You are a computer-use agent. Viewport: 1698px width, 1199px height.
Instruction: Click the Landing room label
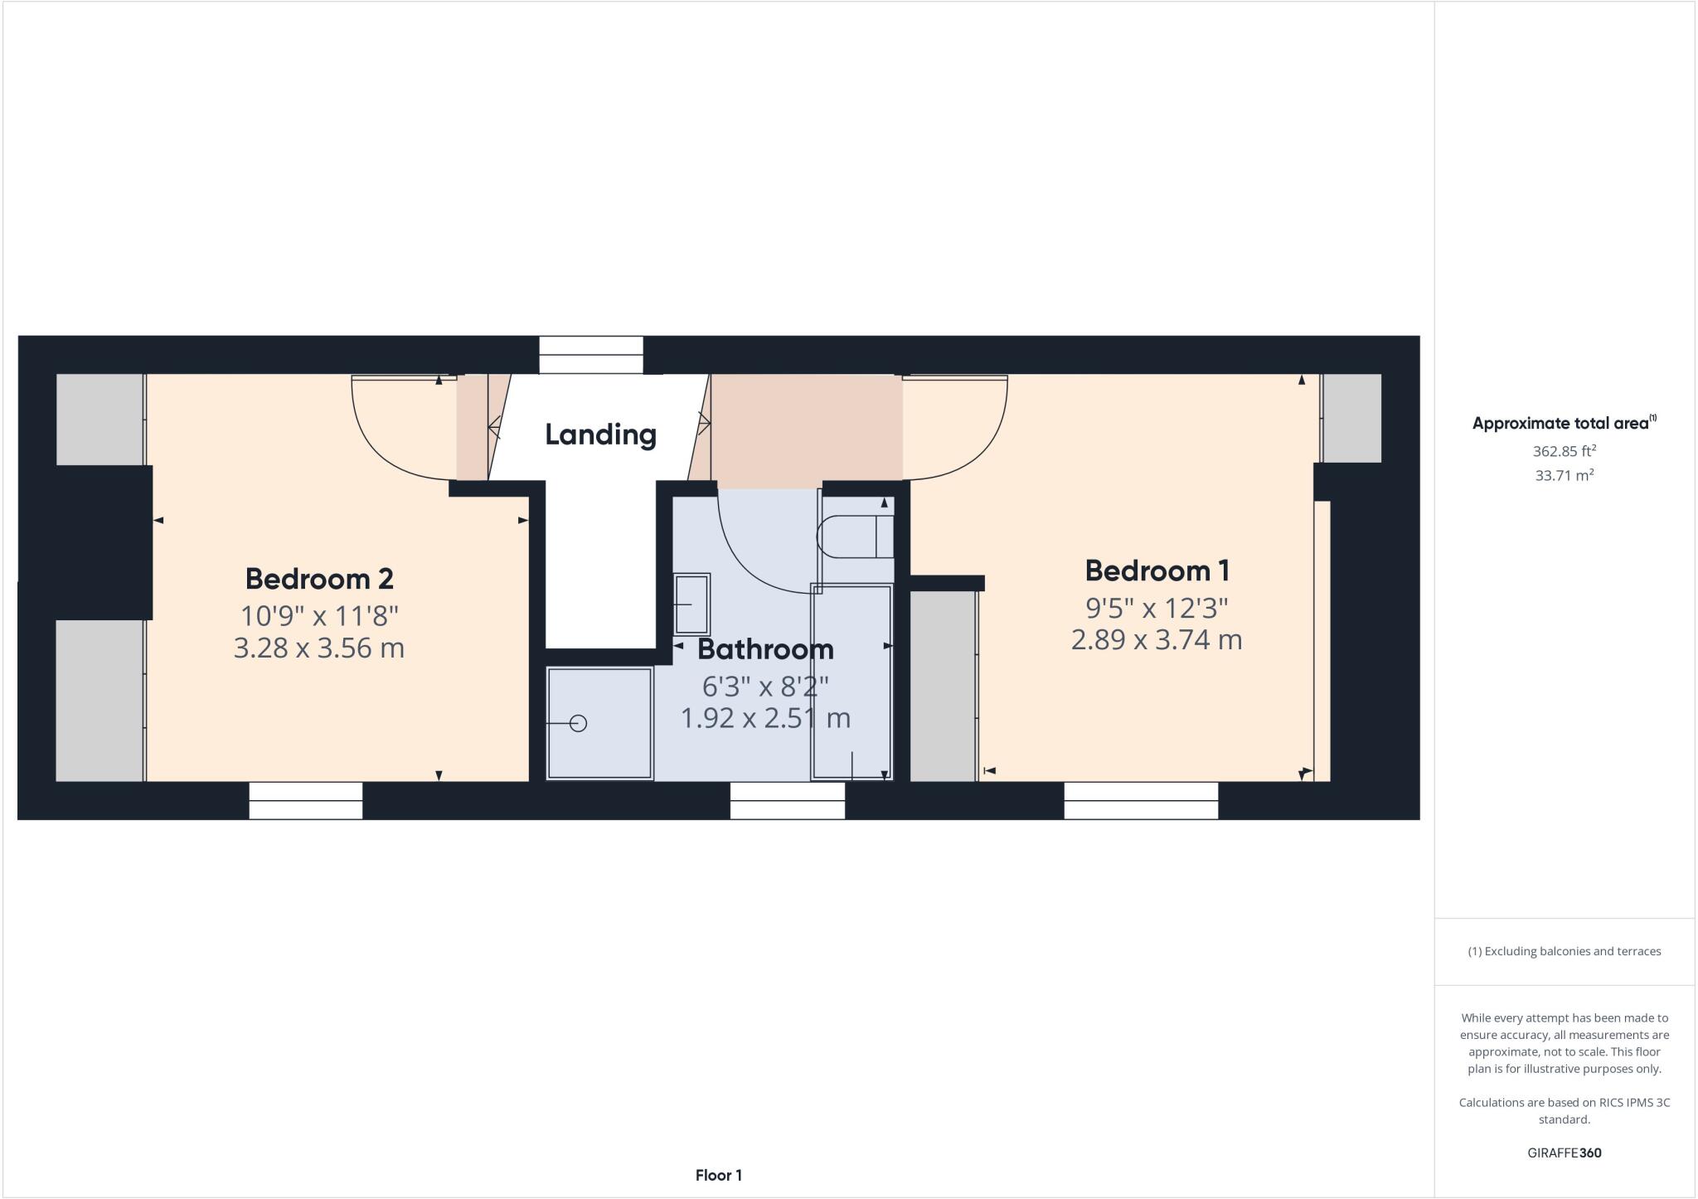click(x=600, y=434)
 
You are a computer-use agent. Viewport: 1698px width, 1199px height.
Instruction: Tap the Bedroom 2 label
click(x=319, y=578)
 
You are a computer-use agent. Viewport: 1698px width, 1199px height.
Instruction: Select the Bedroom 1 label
click(x=1157, y=570)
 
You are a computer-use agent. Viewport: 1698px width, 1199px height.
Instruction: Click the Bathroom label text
click(x=765, y=648)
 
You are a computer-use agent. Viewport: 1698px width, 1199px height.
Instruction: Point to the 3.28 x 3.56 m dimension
click(x=319, y=648)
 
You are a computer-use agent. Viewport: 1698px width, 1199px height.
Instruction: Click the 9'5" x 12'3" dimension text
click(x=1157, y=608)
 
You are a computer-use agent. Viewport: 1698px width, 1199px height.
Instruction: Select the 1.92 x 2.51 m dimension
click(x=765, y=717)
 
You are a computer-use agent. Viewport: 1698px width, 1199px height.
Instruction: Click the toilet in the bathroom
click(x=854, y=536)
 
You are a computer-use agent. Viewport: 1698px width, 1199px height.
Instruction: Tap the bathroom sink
click(x=691, y=604)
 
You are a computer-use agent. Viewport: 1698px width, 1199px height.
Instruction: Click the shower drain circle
click(x=579, y=723)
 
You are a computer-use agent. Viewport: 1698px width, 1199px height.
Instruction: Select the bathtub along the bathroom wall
click(x=851, y=682)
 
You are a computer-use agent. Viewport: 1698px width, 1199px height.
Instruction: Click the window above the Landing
click(x=591, y=355)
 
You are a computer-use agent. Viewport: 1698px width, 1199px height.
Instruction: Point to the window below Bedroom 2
click(x=306, y=800)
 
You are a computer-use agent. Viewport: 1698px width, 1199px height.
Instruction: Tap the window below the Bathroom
click(x=787, y=800)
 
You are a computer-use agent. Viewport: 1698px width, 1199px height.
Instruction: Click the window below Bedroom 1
click(x=1141, y=800)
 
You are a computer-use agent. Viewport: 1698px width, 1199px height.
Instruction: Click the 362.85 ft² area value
click(x=1564, y=451)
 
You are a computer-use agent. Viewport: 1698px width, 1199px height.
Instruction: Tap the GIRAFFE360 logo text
click(x=1564, y=1153)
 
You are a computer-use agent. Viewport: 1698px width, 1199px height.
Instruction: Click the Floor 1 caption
click(x=718, y=1175)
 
